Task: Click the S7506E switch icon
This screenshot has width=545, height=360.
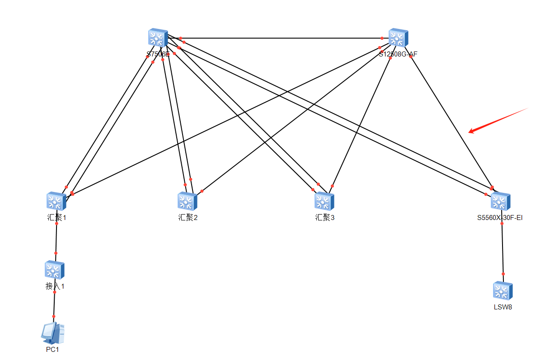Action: point(158,38)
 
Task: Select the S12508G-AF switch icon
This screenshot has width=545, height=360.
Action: point(398,38)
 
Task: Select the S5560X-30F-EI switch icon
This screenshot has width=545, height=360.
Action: point(500,201)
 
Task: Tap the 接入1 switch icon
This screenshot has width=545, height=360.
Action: point(55,270)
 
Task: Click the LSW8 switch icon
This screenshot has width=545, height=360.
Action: point(503,291)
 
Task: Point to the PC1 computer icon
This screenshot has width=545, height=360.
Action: point(53,333)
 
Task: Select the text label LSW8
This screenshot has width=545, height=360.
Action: point(503,307)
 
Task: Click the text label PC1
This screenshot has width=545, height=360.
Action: point(52,349)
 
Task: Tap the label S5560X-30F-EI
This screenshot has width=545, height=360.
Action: point(500,218)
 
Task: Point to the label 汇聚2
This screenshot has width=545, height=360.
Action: point(188,218)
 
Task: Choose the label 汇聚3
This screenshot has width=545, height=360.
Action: point(324,218)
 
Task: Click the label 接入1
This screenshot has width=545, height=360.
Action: point(55,286)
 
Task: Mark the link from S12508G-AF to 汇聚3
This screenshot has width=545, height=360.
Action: point(362,122)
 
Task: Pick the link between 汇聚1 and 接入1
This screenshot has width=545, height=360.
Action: point(56,238)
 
